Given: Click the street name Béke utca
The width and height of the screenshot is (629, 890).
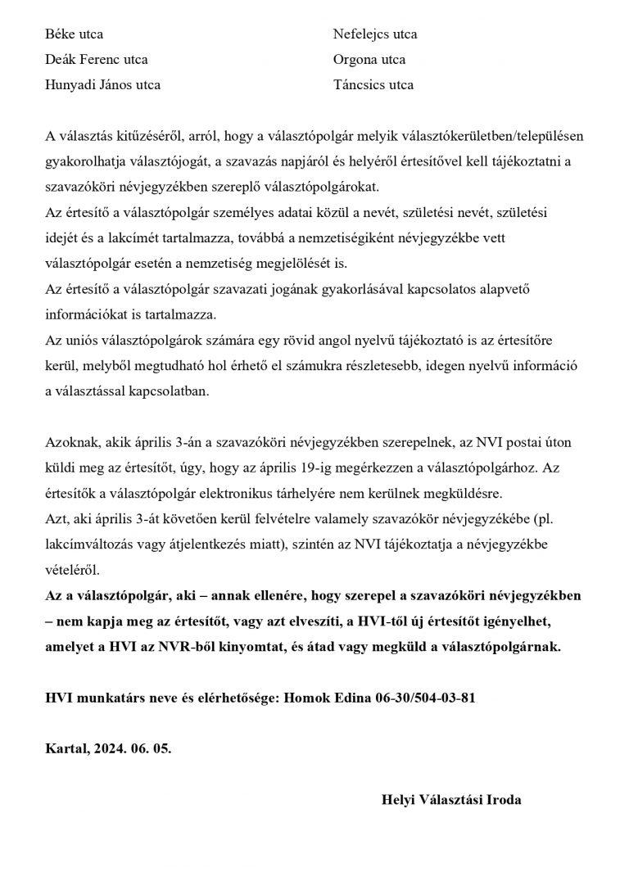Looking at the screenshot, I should (74, 34).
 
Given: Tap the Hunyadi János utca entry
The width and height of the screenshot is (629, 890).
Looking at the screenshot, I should (103, 84).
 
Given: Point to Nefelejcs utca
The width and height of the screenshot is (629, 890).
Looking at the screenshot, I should (375, 34).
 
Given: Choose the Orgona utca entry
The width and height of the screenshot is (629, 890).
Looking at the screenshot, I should (369, 60).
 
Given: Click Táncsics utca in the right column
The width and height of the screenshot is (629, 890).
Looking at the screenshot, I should (373, 84).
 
